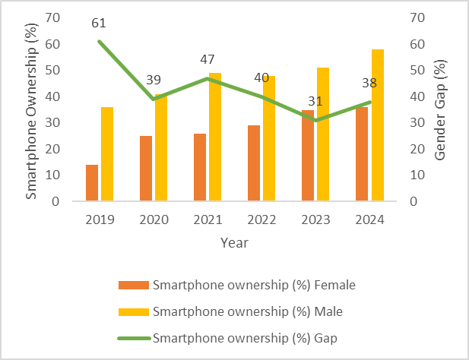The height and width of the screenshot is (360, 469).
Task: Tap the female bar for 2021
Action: [200, 167]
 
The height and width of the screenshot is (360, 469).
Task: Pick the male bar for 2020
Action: [161, 147]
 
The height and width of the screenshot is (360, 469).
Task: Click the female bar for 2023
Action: [308, 156]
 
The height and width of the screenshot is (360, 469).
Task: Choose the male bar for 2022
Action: [270, 138]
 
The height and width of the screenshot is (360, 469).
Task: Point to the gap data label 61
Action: [99, 24]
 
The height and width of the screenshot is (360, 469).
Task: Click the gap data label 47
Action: [208, 60]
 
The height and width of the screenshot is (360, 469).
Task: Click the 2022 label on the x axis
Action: [261, 219]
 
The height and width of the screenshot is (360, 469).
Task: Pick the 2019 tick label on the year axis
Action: [100, 219]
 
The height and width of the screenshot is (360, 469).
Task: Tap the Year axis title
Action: [234, 243]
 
